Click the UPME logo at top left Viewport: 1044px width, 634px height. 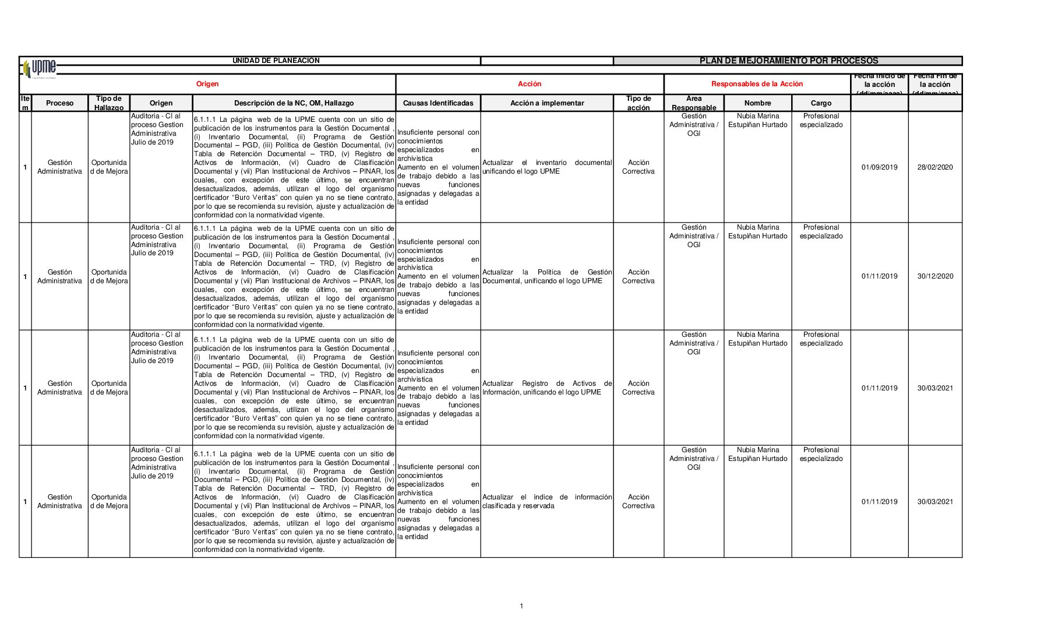pyautogui.click(x=40, y=68)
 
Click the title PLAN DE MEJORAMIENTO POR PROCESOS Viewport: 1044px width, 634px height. pyautogui.click(x=788, y=61)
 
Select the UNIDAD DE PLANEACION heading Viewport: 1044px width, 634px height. pyautogui.click(x=276, y=61)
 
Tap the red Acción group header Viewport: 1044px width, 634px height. pyautogui.click(x=529, y=84)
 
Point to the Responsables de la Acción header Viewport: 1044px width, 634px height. pyautogui.click(x=757, y=84)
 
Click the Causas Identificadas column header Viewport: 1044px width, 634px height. pyautogui.click(x=438, y=103)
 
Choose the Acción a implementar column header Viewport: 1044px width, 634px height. pyautogui.click(x=546, y=103)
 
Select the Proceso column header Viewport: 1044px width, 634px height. pyautogui.click(x=59, y=103)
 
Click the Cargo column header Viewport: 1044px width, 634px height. pyautogui.click(x=821, y=103)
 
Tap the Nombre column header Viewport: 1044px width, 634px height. pyautogui.click(x=757, y=103)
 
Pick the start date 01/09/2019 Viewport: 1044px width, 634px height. pyautogui.click(x=879, y=167)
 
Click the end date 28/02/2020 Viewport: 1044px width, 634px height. pyautogui.click(x=935, y=167)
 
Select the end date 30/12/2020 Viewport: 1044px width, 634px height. pyautogui.click(x=935, y=276)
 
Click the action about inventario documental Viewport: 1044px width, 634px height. pyautogui.click(x=546, y=167)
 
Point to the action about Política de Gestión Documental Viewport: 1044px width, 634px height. pyautogui.click(x=546, y=276)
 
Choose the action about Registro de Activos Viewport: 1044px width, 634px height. pyautogui.click(x=546, y=388)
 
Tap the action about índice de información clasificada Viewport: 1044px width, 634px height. pyautogui.click(x=546, y=502)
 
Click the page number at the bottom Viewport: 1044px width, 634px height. pyautogui.click(x=521, y=606)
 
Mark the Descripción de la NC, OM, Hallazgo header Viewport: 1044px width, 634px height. pyautogui.click(x=294, y=103)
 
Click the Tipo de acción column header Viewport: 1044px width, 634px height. pyautogui.click(x=638, y=103)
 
